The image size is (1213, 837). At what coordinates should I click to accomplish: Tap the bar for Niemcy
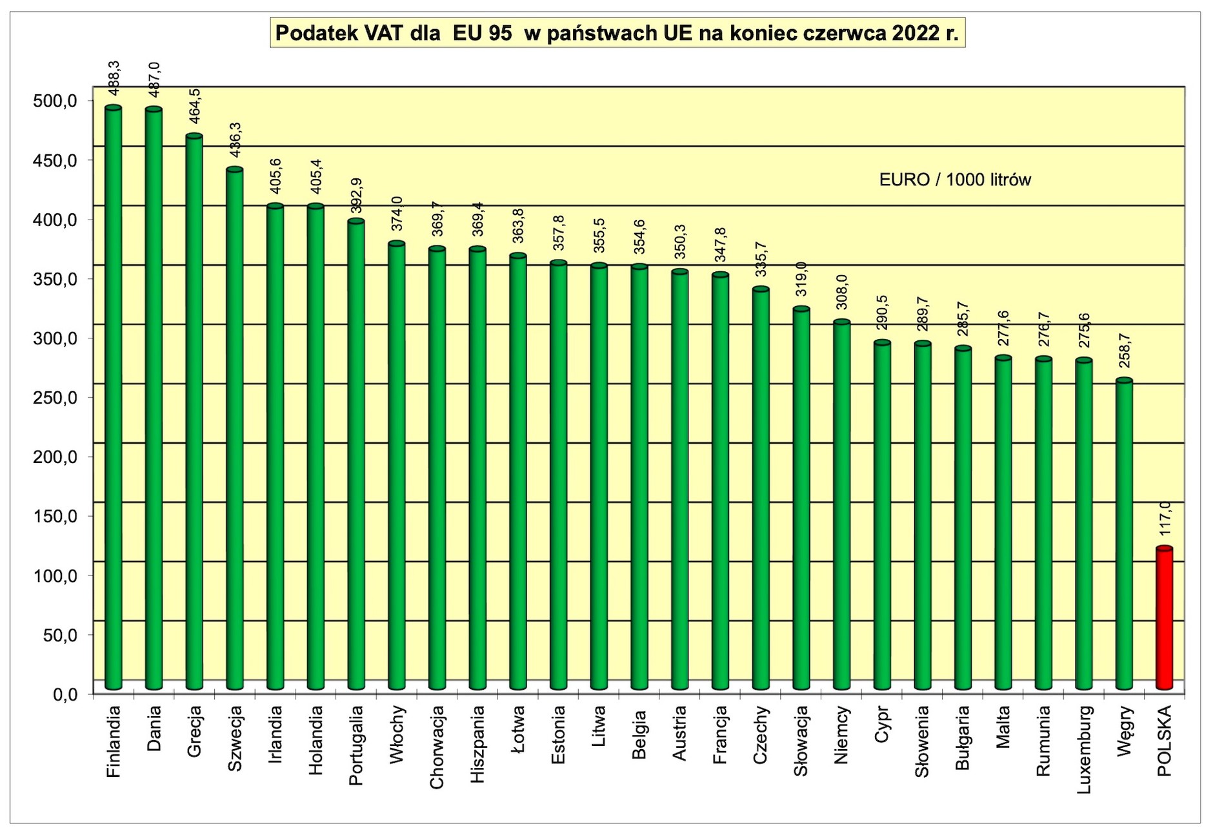click(841, 504)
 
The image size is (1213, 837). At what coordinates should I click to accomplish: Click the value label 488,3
click(114, 78)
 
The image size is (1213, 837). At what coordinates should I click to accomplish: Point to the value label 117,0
click(1165, 518)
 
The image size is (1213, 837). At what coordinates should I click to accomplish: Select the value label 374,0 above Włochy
click(397, 214)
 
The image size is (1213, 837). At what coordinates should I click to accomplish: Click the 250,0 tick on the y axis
click(55, 398)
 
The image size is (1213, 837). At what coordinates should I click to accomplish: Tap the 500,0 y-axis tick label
click(55, 101)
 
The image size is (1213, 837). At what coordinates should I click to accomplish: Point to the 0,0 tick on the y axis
click(65, 695)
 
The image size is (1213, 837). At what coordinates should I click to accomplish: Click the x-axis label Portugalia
click(356, 745)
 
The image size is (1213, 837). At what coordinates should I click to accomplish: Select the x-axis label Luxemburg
click(1083, 749)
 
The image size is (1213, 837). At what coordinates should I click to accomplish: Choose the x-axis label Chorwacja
click(437, 747)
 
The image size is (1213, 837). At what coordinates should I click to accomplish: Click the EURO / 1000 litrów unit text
click(954, 180)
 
